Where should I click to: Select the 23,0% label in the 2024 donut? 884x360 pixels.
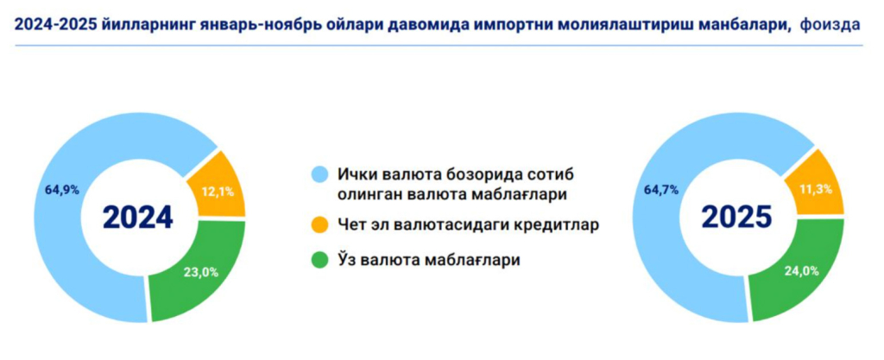point(200,272)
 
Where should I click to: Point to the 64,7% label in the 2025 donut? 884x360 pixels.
point(660,190)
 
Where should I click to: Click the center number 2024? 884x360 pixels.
point(138,218)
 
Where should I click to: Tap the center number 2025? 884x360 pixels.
point(737,218)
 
